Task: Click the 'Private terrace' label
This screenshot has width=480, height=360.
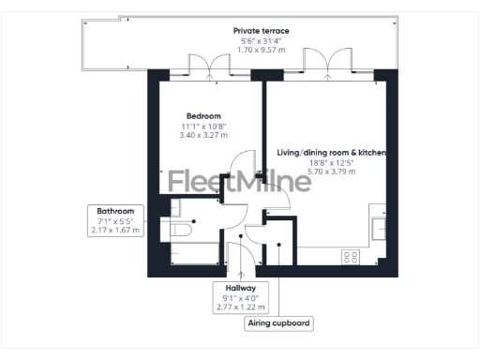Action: click(x=262, y=31)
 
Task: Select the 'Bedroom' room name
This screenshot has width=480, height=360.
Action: click(x=202, y=116)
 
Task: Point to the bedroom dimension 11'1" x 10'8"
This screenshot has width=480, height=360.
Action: click(x=202, y=127)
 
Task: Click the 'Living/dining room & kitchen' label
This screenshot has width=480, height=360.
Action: click(x=332, y=151)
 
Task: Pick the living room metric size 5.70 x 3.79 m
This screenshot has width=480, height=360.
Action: click(x=332, y=171)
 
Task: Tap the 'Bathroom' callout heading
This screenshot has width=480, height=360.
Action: click(x=115, y=211)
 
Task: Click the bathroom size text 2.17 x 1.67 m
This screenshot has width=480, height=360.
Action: click(x=115, y=230)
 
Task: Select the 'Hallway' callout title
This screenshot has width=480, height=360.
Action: click(x=241, y=288)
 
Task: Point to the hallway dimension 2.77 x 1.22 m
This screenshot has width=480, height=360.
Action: click(x=241, y=307)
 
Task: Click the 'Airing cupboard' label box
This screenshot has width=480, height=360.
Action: click(x=278, y=324)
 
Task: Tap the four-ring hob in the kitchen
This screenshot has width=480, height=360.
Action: click(x=351, y=256)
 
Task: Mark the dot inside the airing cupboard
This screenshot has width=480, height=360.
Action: click(x=279, y=247)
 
